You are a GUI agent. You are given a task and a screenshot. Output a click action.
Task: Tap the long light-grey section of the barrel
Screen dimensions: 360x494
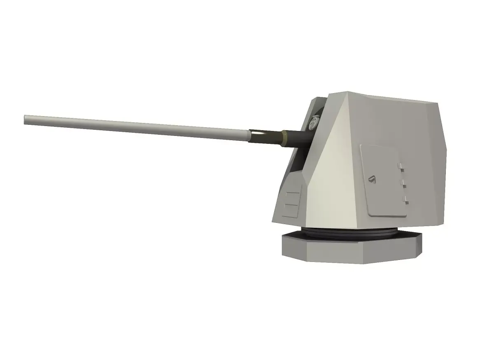click(x=136, y=127)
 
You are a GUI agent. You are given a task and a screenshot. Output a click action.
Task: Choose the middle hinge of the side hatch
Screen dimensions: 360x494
click(x=403, y=184)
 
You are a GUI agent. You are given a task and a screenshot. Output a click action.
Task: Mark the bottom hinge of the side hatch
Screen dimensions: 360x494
click(x=405, y=201)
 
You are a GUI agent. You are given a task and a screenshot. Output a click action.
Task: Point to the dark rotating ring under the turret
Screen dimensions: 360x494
click(x=350, y=233)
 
